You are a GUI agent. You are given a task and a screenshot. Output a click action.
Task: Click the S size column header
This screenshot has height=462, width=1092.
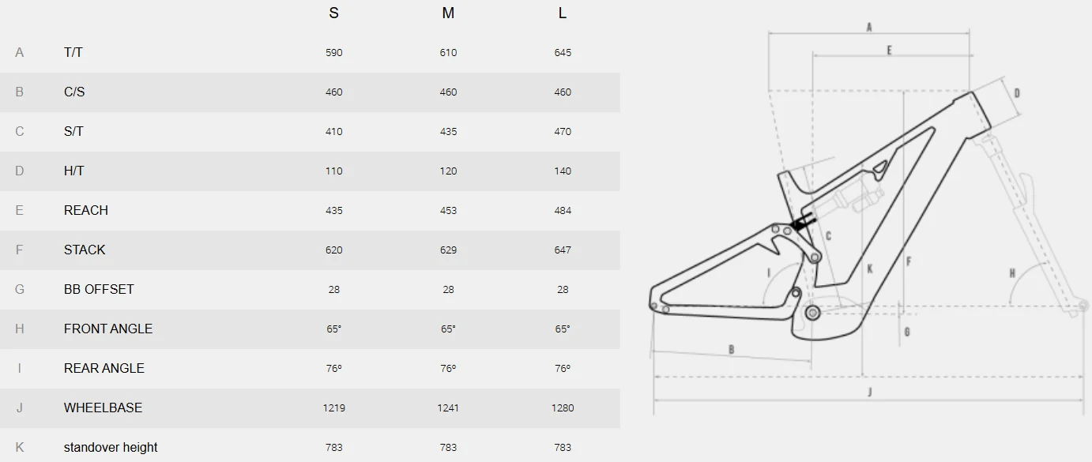coord(333,13)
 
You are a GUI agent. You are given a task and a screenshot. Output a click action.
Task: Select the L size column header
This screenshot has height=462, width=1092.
coord(562,13)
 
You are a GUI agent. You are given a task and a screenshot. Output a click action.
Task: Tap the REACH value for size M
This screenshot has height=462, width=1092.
coord(448,211)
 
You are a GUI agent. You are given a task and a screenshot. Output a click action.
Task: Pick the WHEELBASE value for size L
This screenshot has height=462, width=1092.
coord(563,408)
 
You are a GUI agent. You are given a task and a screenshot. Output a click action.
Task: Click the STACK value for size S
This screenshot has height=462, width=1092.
coord(334,250)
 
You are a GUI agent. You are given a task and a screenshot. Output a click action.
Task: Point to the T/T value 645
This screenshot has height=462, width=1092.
coord(563,53)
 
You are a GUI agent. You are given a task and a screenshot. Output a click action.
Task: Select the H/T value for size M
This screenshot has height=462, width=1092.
coord(448,171)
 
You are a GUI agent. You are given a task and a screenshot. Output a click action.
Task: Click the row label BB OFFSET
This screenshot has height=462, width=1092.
coord(99,290)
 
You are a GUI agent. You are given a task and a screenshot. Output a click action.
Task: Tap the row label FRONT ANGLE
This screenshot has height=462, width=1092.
coord(107,329)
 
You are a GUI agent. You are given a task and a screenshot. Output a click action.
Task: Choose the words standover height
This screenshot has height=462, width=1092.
coord(110,447)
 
